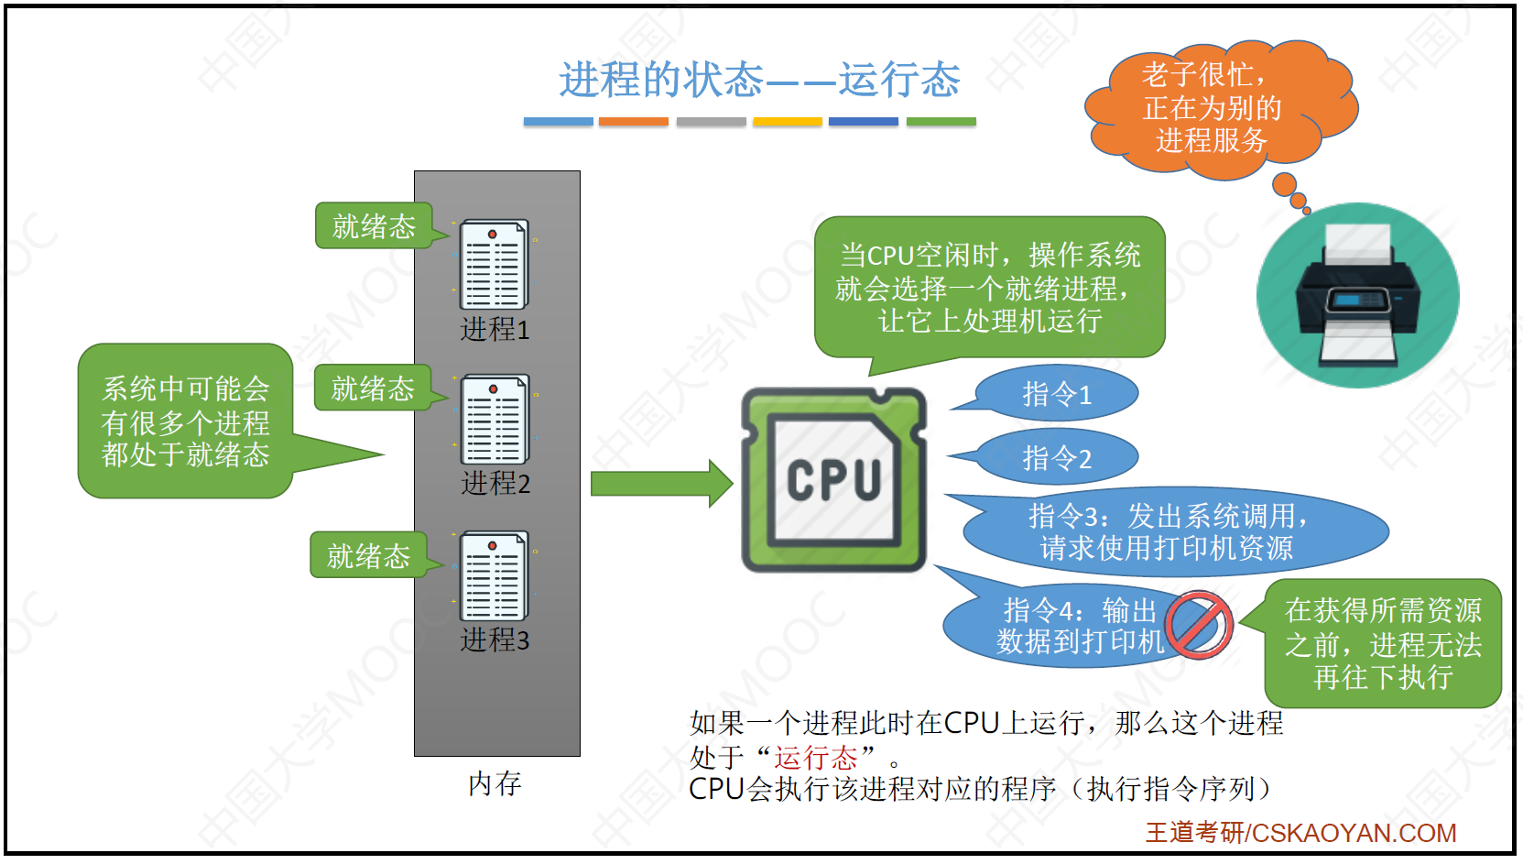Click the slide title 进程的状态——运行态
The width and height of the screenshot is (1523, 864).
759,80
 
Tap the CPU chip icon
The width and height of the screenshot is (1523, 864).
833,480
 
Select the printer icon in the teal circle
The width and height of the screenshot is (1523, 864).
1357,295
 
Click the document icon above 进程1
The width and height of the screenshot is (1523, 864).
495,264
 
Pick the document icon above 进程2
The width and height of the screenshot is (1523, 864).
495,419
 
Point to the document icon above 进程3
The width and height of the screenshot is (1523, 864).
495,575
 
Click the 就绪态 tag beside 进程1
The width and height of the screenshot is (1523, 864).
374,226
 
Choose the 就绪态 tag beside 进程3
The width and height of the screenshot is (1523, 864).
368,555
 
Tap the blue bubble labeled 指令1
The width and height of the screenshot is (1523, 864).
1057,395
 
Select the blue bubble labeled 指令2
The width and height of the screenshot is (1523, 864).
1057,458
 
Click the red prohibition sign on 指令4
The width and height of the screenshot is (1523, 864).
1199,625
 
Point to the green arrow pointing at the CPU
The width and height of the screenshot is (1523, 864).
660,483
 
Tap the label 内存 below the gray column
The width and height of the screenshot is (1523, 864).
495,783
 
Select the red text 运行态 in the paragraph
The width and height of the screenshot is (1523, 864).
815,758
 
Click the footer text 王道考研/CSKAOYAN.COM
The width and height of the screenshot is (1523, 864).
1300,833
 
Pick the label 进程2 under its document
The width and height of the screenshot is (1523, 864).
495,483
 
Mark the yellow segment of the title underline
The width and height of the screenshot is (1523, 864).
788,122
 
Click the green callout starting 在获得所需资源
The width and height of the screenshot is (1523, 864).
1383,643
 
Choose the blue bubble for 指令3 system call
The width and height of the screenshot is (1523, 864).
1167,532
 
